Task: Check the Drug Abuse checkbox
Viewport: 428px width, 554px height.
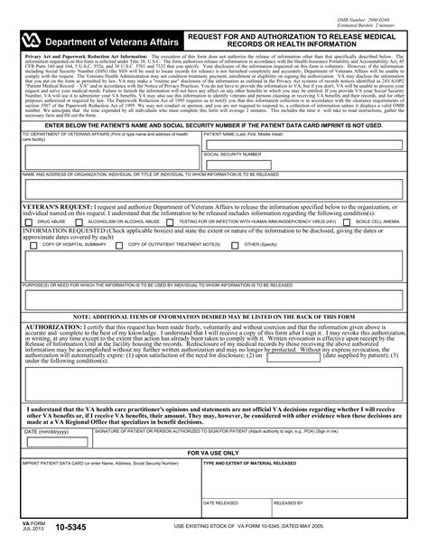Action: pyautogui.click(x=27, y=220)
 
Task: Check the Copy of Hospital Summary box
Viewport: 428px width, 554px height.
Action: pyautogui.click(x=33, y=244)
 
